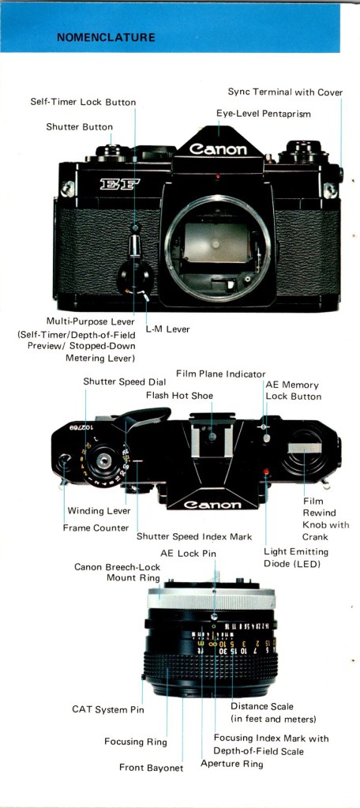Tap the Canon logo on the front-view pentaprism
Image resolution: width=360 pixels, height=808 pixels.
pos(218,149)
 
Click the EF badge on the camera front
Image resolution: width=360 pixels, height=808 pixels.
pos(119,184)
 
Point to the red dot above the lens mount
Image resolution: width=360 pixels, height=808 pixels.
pos(218,177)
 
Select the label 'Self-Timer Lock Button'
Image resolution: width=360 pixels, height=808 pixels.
pos(83,102)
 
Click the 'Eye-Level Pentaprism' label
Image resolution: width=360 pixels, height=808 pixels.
pos(263,114)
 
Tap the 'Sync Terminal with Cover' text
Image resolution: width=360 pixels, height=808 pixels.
pos(285,92)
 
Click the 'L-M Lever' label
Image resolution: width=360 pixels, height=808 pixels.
pos(167,329)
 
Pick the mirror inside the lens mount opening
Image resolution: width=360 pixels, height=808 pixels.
pos(217,242)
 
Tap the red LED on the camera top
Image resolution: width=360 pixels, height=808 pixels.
pos(266,472)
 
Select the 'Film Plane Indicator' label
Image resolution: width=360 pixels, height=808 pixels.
pos(220,374)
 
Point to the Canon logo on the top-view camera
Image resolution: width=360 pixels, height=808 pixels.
pos(212,505)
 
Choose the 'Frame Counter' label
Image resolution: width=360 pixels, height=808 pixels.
pos(96,528)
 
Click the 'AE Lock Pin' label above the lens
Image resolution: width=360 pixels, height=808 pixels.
pos(188,554)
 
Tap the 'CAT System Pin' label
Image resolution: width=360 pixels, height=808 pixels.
pos(108,709)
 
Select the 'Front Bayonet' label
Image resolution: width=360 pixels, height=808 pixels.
pos(151,767)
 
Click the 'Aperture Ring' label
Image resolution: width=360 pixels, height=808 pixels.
pos(232,763)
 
